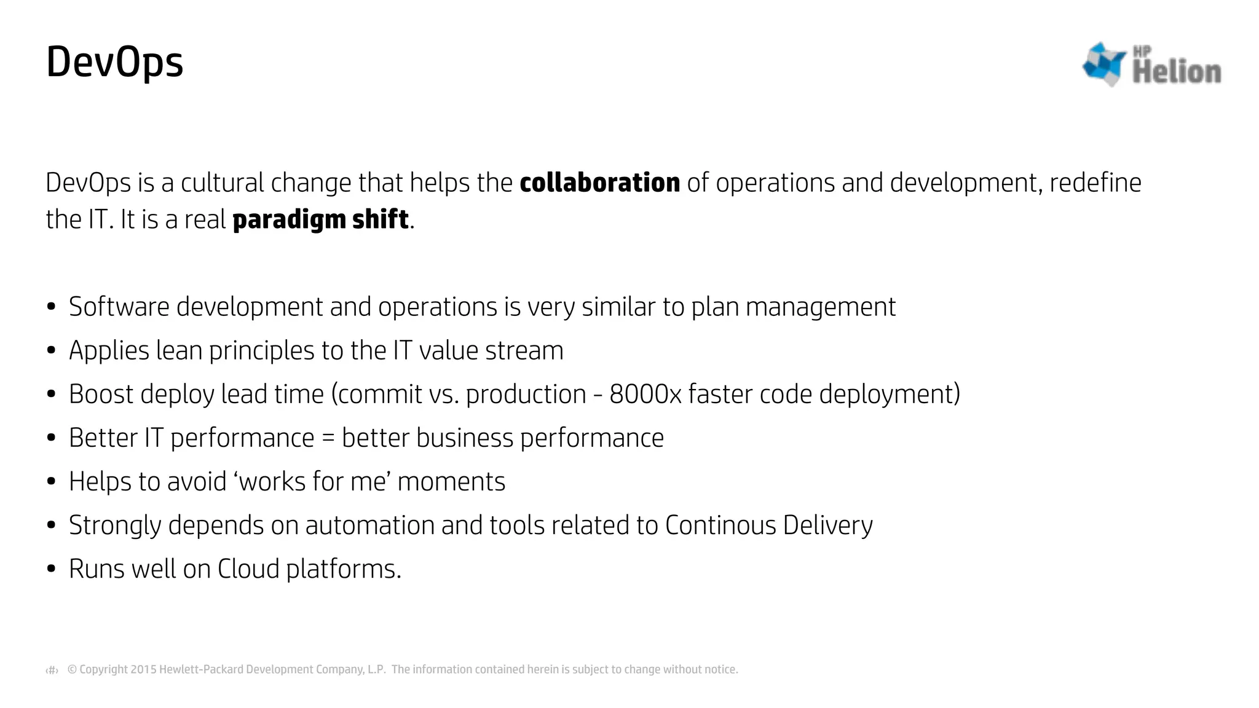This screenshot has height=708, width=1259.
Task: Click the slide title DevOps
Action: tap(114, 62)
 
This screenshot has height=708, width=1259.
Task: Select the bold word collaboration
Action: tap(599, 183)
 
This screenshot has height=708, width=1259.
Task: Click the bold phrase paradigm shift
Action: tap(320, 219)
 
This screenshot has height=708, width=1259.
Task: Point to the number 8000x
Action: tap(645, 395)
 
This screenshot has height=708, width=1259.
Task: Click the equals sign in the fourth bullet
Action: tap(328, 438)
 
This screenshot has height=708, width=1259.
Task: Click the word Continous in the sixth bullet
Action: tap(720, 525)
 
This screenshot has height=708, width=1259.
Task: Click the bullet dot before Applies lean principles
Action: tap(52, 351)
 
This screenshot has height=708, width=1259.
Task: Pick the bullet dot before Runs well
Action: tap(52, 569)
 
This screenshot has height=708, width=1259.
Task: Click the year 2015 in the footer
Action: tap(144, 669)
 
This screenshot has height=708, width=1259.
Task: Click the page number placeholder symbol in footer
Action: tap(52, 670)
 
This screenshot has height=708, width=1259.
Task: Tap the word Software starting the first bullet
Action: tap(119, 307)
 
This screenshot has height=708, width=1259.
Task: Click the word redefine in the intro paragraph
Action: tap(1095, 183)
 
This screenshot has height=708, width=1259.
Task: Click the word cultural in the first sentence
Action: tap(222, 183)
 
